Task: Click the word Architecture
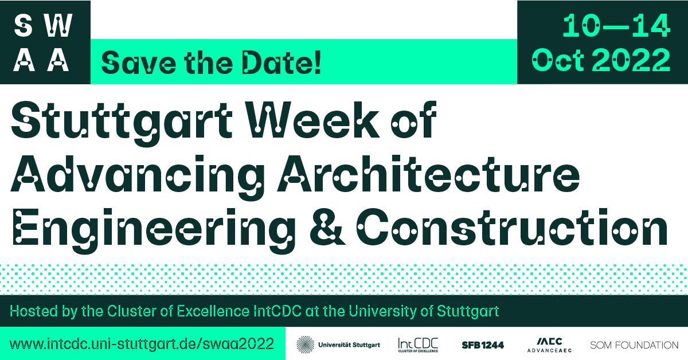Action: pos(428,174)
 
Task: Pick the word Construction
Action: pos(511,228)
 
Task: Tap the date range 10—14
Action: pos(616,26)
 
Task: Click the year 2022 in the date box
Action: pos(631,60)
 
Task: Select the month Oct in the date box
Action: pos(558,60)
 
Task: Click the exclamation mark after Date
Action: pos(318,62)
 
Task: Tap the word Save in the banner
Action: pos(139,63)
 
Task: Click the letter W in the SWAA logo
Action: pos(58,26)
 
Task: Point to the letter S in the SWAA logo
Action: pos(24,26)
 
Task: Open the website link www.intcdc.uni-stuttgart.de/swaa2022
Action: pos(142,344)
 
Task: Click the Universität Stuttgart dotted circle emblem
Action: pos(305,345)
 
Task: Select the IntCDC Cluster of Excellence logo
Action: pos(418,345)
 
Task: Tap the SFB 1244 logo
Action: pos(483,345)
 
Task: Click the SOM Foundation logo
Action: pos(634,345)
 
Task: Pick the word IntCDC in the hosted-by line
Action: pos(277,311)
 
